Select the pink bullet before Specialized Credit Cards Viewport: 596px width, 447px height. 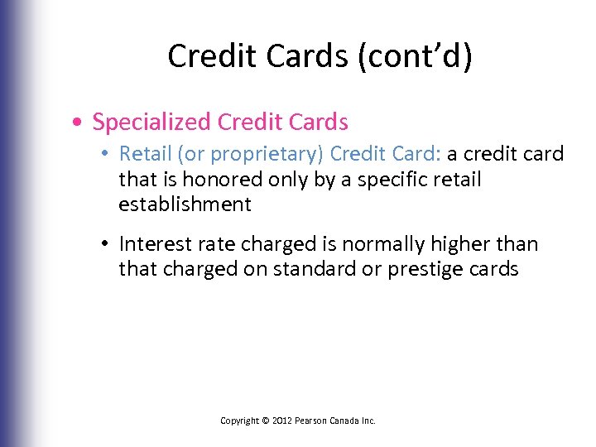76,123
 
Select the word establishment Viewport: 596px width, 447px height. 185,204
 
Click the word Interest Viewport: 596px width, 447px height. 160,244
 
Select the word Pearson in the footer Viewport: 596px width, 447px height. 313,421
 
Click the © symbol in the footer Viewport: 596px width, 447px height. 266,421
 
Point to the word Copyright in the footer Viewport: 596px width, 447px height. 239,421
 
